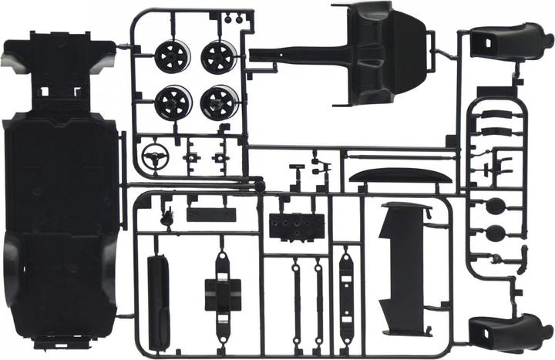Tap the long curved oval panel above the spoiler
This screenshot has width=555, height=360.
click(399, 177)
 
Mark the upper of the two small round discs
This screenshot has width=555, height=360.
click(496, 206)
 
